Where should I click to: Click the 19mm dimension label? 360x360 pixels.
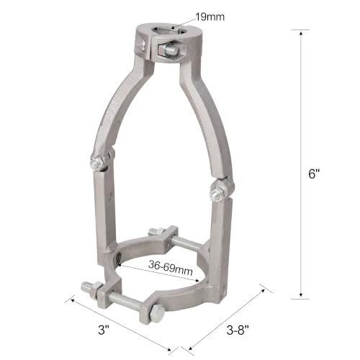pos(210,17)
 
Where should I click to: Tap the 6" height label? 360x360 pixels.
pos(314,174)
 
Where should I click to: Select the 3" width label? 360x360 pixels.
pos(104,330)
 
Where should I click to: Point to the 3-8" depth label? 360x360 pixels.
pos(238,330)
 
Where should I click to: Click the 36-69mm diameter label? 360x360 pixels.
pos(171,268)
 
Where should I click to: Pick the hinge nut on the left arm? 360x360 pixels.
pos(97,163)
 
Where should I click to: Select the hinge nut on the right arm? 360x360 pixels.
pos(217,193)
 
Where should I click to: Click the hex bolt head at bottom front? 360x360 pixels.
pos(156,313)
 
